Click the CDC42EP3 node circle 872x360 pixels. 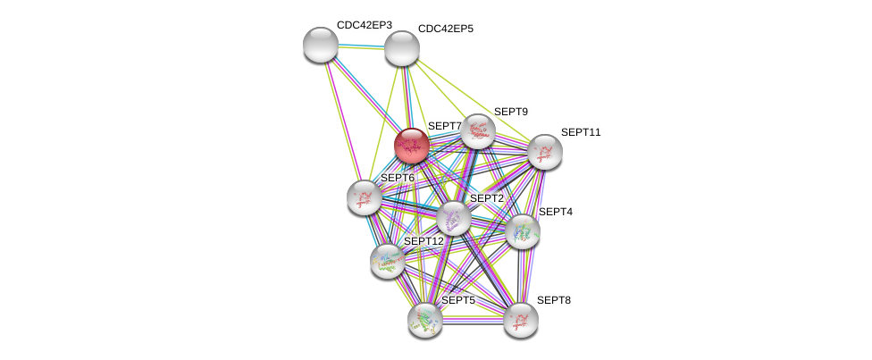pyautogui.click(x=320, y=45)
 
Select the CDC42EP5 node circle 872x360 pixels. pyautogui.click(x=401, y=48)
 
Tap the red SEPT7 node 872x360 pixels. pyautogui.click(x=412, y=145)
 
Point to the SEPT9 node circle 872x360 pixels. pyautogui.click(x=478, y=131)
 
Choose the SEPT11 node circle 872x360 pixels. pyautogui.click(x=544, y=152)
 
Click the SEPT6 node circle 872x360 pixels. pyautogui.click(x=364, y=197)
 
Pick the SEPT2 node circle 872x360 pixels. pyautogui.click(x=453, y=217)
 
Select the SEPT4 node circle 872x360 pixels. pyautogui.click(x=522, y=231)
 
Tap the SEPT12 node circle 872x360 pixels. pyautogui.click(x=387, y=261)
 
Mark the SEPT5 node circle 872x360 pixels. pyautogui.click(x=424, y=320)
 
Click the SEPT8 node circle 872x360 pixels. pyautogui.click(x=520, y=320)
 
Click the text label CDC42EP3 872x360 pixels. pyautogui.click(x=364, y=25)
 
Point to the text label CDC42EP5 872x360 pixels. pyautogui.click(x=445, y=29)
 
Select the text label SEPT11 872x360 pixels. pyautogui.click(x=581, y=132)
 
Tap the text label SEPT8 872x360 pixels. pyautogui.click(x=553, y=300)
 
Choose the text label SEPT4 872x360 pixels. pyautogui.click(x=555, y=212)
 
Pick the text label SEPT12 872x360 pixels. pyautogui.click(x=423, y=241)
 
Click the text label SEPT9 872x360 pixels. pyautogui.click(x=511, y=112)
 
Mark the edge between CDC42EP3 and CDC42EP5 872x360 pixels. pyautogui.click(x=361, y=46)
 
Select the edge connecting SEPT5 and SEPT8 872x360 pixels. pyautogui.click(x=472, y=319)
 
